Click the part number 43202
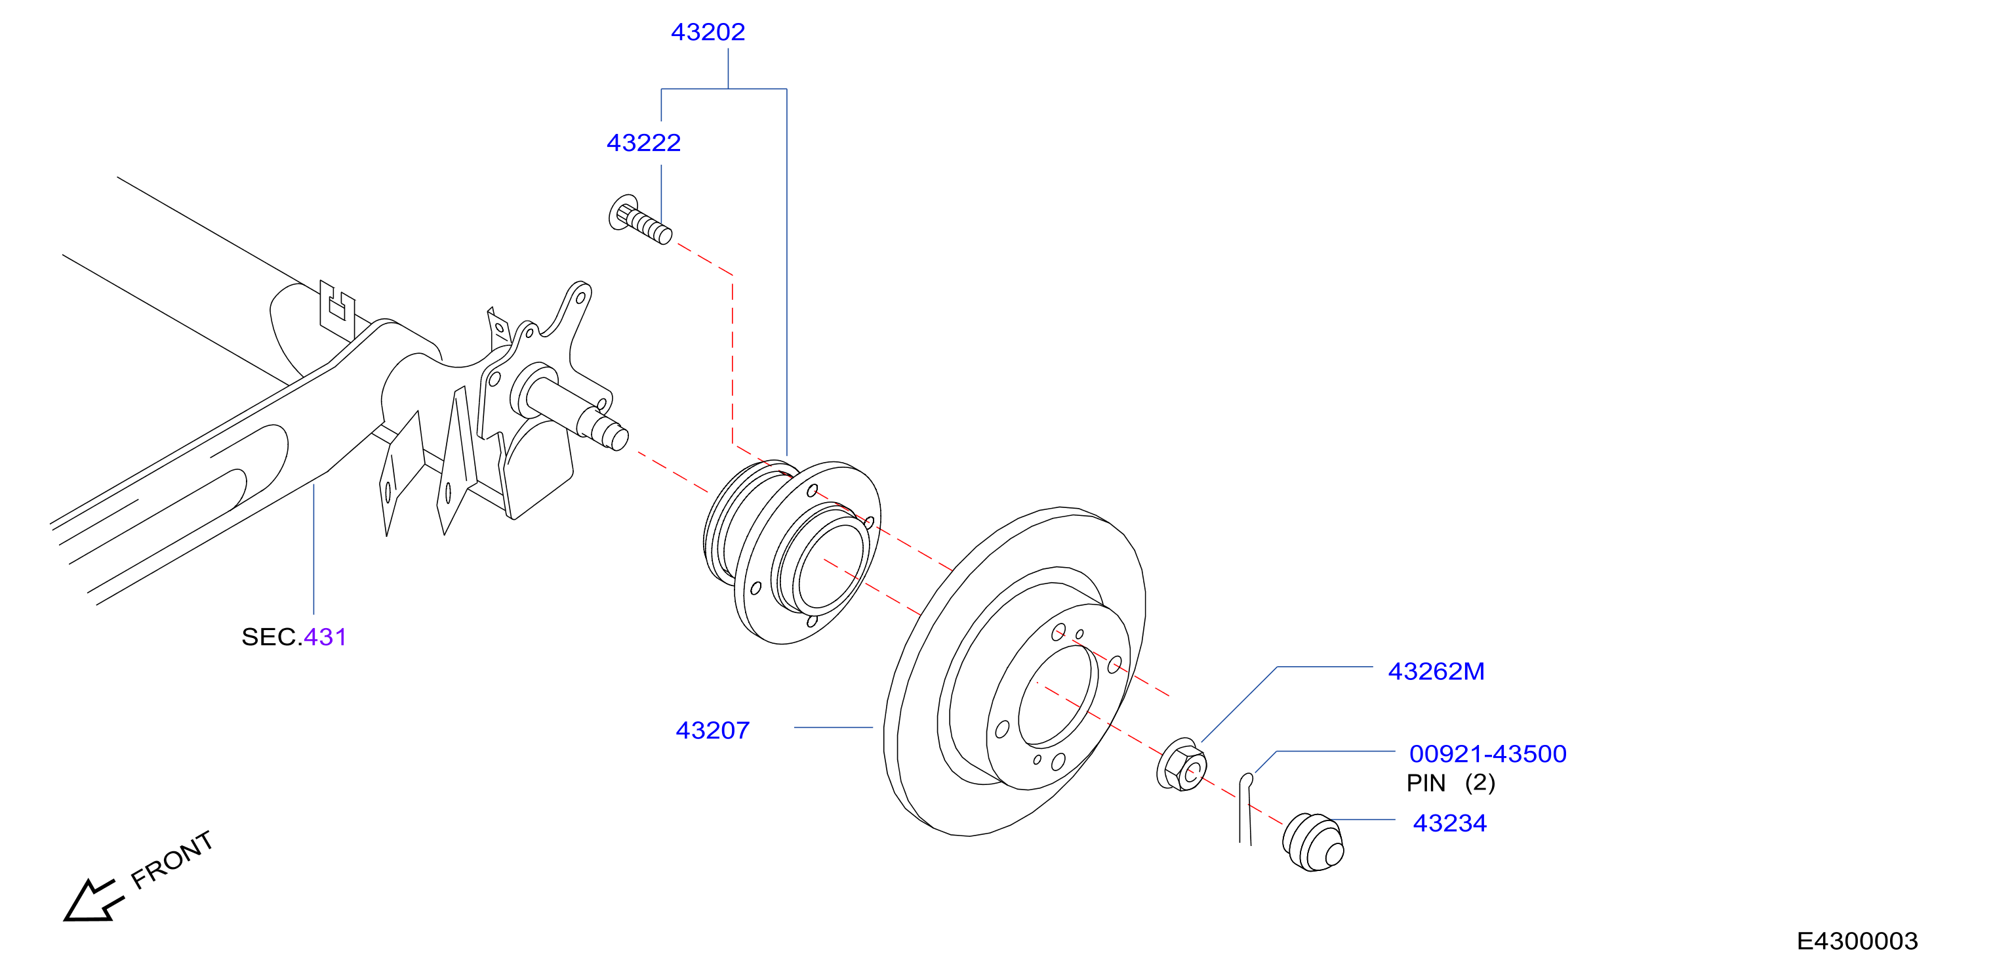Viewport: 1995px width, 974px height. click(x=707, y=32)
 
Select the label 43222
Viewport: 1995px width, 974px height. click(x=643, y=142)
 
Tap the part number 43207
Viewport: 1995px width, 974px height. click(x=712, y=730)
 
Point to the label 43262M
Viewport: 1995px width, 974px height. click(x=1436, y=671)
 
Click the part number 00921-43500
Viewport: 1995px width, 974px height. click(x=1488, y=753)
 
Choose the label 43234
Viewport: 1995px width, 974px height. click(x=1450, y=823)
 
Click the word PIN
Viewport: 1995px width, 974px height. click(x=1426, y=784)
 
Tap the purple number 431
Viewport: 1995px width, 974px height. click(x=325, y=637)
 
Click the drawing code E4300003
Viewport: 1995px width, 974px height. click(x=1857, y=941)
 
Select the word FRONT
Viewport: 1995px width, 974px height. click(x=171, y=859)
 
